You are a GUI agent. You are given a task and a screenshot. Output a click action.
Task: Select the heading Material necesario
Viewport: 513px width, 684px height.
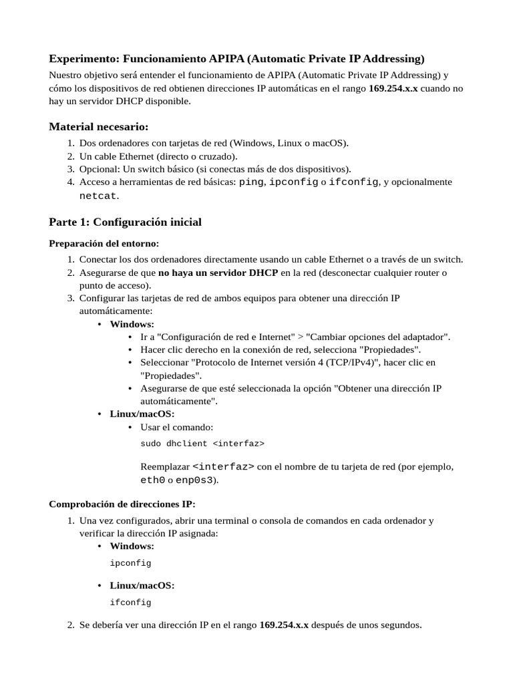(99, 127)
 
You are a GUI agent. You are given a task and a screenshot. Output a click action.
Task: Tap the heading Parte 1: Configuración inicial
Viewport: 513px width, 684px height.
(125, 222)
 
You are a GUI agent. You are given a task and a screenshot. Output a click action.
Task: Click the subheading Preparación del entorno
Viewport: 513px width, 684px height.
(104, 243)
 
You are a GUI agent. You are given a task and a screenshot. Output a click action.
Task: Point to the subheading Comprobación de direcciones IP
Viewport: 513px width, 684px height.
(122, 503)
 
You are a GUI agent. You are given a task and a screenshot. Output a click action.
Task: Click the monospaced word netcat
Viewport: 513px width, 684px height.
(98, 196)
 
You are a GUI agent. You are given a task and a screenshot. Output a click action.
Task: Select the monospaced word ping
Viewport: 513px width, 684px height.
(251, 182)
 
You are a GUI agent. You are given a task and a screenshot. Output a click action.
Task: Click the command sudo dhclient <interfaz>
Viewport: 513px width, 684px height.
(202, 443)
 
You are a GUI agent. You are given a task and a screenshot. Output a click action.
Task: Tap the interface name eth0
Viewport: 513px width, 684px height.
(152, 480)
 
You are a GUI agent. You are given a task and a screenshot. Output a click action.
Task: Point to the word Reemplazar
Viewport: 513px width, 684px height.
(165, 467)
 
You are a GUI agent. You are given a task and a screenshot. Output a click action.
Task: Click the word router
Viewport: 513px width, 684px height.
(430, 273)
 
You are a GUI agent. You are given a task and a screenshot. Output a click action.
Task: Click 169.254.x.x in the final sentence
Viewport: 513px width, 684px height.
(284, 626)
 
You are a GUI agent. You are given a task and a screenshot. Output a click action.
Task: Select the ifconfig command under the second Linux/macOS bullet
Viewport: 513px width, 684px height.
(130, 603)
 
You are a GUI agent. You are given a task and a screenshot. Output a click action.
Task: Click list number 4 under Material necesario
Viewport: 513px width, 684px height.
(71, 182)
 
